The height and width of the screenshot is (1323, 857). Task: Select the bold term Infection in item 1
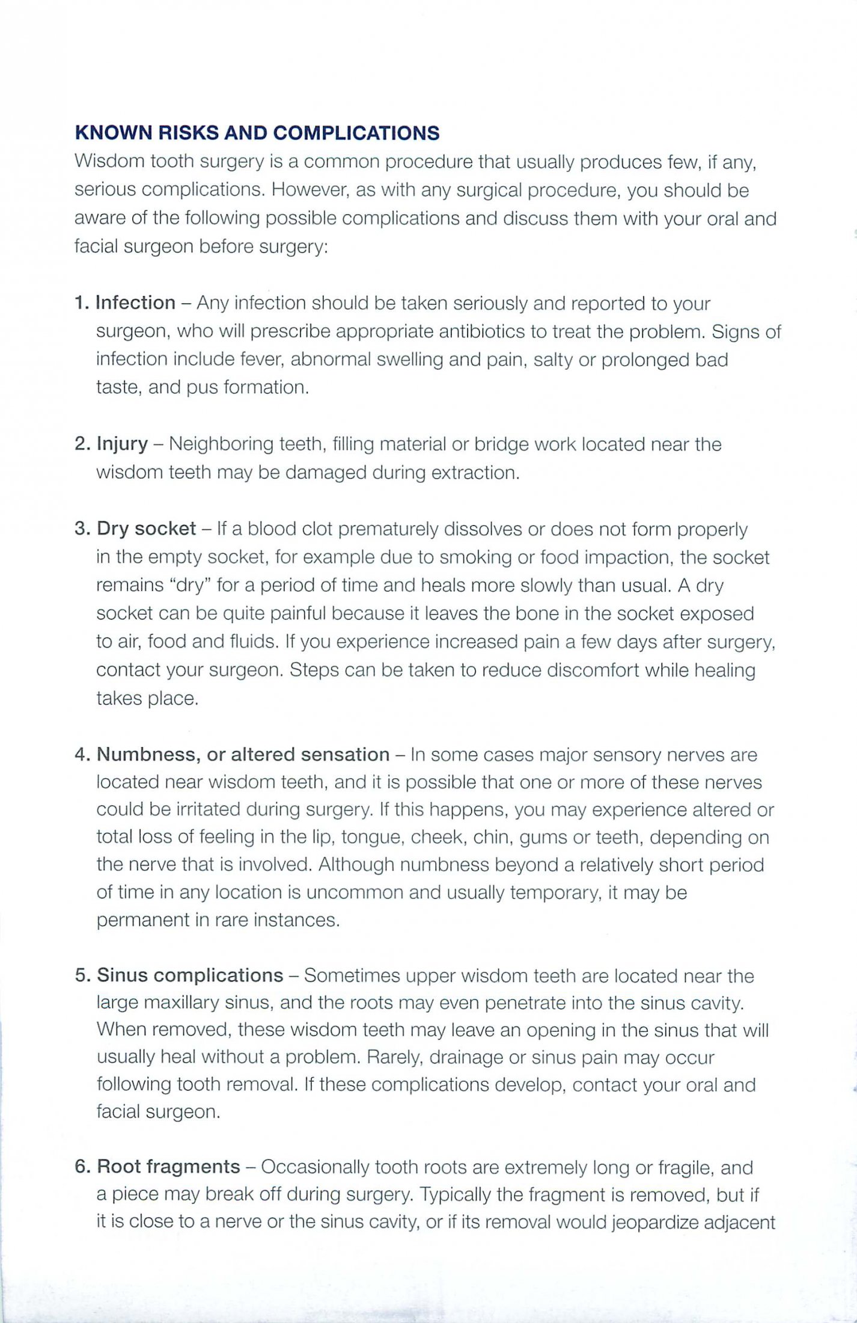coord(135,302)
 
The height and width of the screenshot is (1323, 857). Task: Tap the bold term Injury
coord(122,444)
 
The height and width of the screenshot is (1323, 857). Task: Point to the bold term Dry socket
coord(146,529)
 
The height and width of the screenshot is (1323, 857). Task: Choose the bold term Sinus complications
coord(190,975)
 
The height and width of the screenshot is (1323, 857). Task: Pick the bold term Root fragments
coord(168,1167)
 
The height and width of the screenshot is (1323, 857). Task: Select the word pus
coord(202,387)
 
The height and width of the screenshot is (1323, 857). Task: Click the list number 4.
coord(82,755)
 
